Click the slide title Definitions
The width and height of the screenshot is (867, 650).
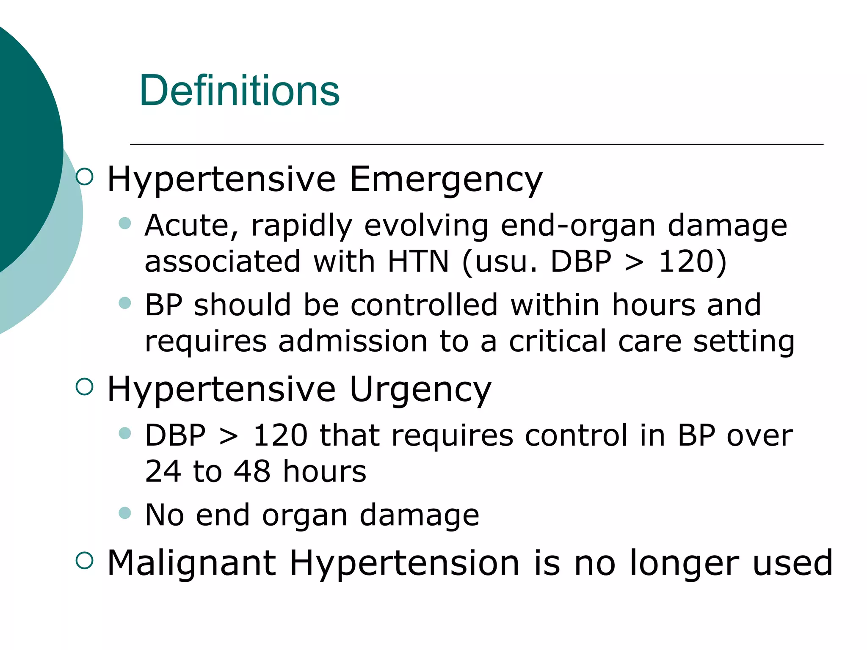tap(239, 91)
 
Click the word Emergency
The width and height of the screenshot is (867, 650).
tap(445, 179)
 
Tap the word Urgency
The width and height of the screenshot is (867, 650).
tap(420, 389)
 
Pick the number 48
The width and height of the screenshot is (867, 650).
tap(252, 471)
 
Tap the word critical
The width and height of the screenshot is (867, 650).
tap(558, 341)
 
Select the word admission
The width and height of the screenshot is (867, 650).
tap(353, 341)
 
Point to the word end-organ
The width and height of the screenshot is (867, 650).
tap(578, 225)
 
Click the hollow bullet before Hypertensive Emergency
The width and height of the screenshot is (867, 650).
tap(85, 176)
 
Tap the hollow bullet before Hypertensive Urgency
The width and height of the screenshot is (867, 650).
tap(85, 386)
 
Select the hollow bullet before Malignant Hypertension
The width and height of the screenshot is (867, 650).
tap(85, 560)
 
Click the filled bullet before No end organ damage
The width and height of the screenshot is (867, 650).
tap(125, 513)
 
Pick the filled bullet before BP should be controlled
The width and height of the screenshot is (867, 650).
tap(125, 303)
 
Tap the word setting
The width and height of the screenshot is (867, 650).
tap(743, 341)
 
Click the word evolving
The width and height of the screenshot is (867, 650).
tap(426, 225)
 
